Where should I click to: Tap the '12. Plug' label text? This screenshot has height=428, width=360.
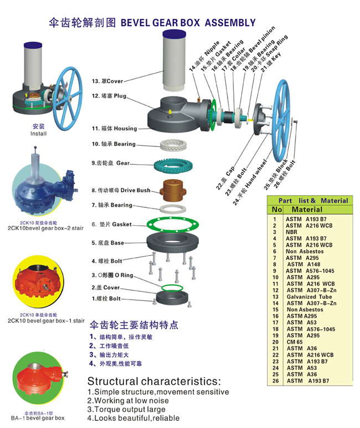click(110, 96)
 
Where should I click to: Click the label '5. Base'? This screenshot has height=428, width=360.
click(108, 243)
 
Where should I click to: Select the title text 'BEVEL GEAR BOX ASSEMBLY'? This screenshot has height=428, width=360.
click(188, 23)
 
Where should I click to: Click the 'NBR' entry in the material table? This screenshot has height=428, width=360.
click(292, 232)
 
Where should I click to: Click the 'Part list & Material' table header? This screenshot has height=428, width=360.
click(313, 201)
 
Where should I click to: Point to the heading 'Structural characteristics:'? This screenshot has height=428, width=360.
click(154, 381)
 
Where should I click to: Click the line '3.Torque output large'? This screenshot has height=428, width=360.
click(126, 409)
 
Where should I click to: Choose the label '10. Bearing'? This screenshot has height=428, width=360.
click(114, 144)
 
